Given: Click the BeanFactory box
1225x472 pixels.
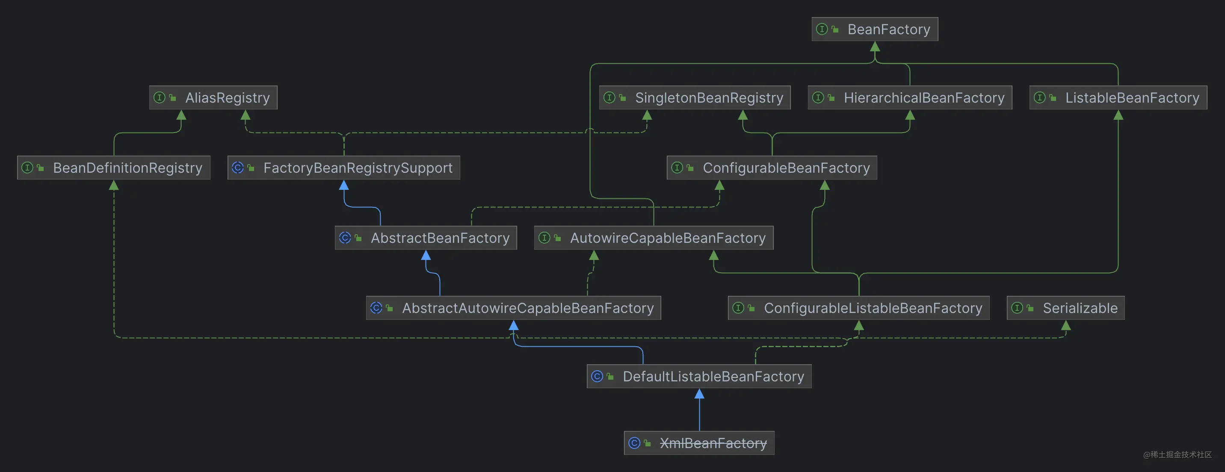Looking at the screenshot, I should tap(875, 29).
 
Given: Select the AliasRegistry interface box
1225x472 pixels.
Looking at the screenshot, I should tap(213, 98).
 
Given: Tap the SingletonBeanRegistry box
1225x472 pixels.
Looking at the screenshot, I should tap(694, 98).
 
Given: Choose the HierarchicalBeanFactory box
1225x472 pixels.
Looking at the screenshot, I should tap(909, 98).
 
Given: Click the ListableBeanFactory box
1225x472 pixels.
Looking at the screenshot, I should tap(1118, 98).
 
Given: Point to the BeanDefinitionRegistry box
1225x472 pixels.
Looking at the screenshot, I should tap(114, 168).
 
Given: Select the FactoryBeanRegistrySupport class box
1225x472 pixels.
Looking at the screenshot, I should tap(343, 168).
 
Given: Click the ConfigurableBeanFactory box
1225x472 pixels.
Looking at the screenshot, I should tap(771, 168).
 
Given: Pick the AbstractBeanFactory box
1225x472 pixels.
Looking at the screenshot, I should tap(426, 238).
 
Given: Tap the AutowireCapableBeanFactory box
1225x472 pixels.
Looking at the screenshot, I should tap(654, 238).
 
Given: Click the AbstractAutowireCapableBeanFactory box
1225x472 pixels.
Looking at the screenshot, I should tap(513, 308).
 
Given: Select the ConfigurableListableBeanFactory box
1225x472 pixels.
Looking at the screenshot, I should tap(858, 308).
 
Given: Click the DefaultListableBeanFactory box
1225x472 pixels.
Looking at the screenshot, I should tap(699, 377).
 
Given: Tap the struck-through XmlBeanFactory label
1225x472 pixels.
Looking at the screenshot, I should tap(713, 443).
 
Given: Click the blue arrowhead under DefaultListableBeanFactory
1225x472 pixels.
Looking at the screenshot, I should tap(699, 394).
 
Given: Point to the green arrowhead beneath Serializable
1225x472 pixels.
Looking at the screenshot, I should tap(1066, 326).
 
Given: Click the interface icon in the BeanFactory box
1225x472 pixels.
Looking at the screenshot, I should tap(822, 29).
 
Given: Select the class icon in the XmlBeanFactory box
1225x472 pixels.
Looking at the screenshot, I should tap(634, 443).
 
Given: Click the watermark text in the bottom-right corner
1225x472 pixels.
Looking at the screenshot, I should tap(1177, 455).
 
